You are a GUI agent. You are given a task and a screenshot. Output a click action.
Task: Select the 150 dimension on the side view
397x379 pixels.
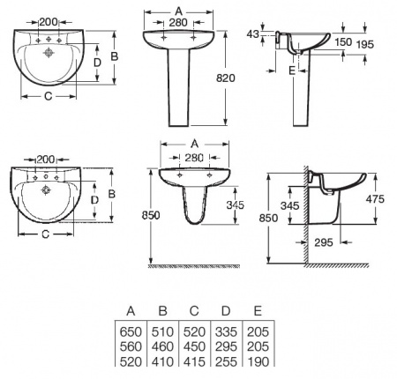[343, 41]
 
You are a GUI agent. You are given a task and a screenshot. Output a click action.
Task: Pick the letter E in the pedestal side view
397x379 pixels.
[292, 70]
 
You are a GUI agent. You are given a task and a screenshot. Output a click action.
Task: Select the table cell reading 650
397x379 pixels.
[131, 330]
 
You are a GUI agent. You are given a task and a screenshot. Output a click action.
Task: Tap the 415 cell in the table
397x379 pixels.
[195, 361]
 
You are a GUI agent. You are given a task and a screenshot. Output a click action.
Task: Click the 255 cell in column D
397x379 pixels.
[227, 361]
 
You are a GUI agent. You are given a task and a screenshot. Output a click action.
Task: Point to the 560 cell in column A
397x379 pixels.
[131, 346]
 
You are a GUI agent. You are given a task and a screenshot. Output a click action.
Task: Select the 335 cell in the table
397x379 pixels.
[227, 330]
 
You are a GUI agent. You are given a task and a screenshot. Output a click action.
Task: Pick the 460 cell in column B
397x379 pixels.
[163, 346]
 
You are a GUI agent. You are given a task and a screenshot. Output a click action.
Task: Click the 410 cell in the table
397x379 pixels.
[163, 361]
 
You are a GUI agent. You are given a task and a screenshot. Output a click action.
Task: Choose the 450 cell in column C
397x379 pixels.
[195, 346]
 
